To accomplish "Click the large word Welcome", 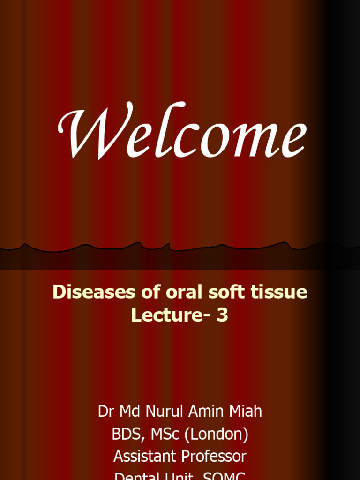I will click(x=182, y=131).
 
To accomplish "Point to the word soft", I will click(x=222, y=292).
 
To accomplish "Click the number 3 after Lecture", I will click(x=222, y=315).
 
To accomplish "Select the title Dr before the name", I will click(x=106, y=412).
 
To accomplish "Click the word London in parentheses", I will click(x=217, y=435).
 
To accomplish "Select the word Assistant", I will click(x=145, y=457).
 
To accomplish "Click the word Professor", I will click(x=214, y=457).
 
